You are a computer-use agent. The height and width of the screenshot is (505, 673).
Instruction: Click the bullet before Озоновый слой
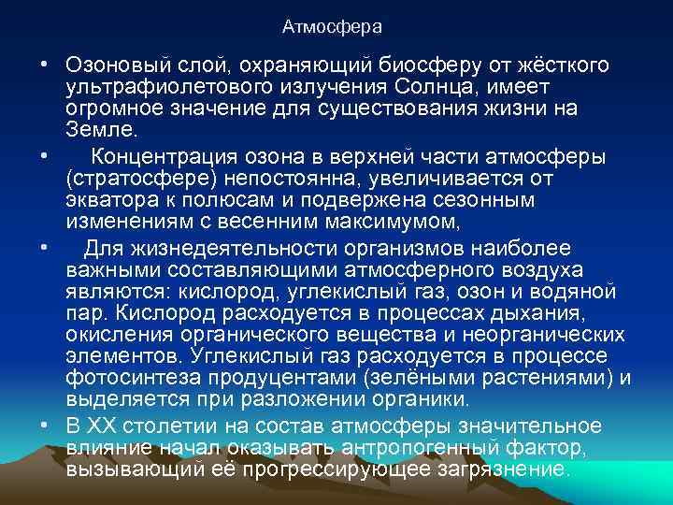coord(45,66)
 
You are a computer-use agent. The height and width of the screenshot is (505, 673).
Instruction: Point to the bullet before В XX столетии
coord(45,426)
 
